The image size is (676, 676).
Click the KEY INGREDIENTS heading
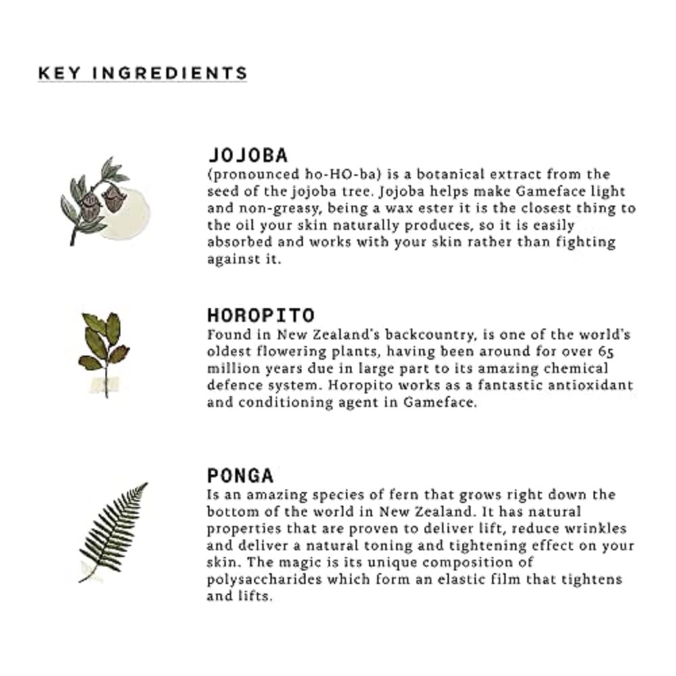[143, 73]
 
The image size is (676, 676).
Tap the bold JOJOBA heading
[247, 155]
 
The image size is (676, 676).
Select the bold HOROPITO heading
[261, 316]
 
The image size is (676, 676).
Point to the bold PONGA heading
[240, 475]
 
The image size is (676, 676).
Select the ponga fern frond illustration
[113, 531]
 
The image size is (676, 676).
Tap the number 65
[606, 352]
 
